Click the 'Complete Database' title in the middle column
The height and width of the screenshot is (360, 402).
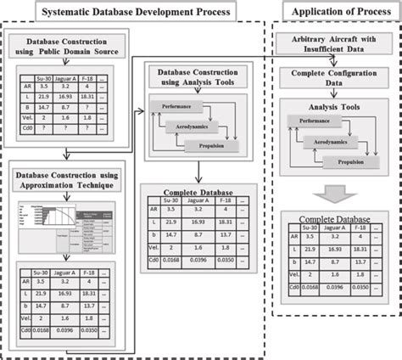click(198, 191)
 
